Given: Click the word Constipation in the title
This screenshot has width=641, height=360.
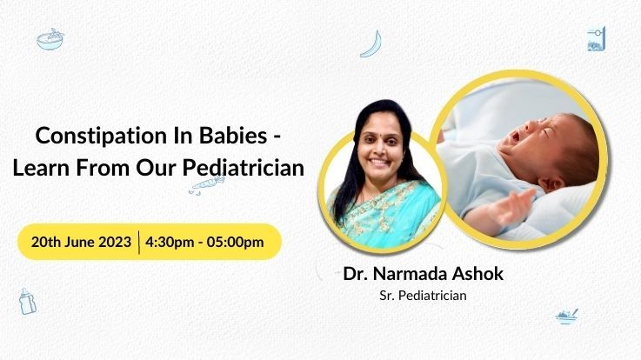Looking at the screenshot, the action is [x=102, y=136].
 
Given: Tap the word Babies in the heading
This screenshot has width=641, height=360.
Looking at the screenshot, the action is [x=233, y=136].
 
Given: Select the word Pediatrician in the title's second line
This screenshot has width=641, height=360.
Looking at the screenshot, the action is [x=244, y=168].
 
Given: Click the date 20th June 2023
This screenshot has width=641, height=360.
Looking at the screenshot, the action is [x=81, y=242].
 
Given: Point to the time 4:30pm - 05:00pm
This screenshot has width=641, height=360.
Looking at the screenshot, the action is [x=204, y=242].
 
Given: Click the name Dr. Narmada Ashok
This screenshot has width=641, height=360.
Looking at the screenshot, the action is [x=423, y=274].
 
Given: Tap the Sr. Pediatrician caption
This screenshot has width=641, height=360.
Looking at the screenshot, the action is [x=423, y=296].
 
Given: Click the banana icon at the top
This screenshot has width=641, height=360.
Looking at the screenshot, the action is [x=371, y=43].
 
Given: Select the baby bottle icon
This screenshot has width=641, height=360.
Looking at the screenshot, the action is [x=27, y=301].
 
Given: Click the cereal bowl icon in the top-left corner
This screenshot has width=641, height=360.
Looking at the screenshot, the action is [x=50, y=39].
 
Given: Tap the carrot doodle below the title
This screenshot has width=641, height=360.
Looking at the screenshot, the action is [x=207, y=184].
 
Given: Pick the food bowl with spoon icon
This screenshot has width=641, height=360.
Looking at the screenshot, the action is [x=567, y=316].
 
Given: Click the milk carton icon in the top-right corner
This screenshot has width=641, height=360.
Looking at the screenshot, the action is [x=596, y=39].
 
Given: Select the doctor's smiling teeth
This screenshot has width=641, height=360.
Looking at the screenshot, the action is [x=380, y=162].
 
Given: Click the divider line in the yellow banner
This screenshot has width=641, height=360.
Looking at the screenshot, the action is [x=139, y=242].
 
